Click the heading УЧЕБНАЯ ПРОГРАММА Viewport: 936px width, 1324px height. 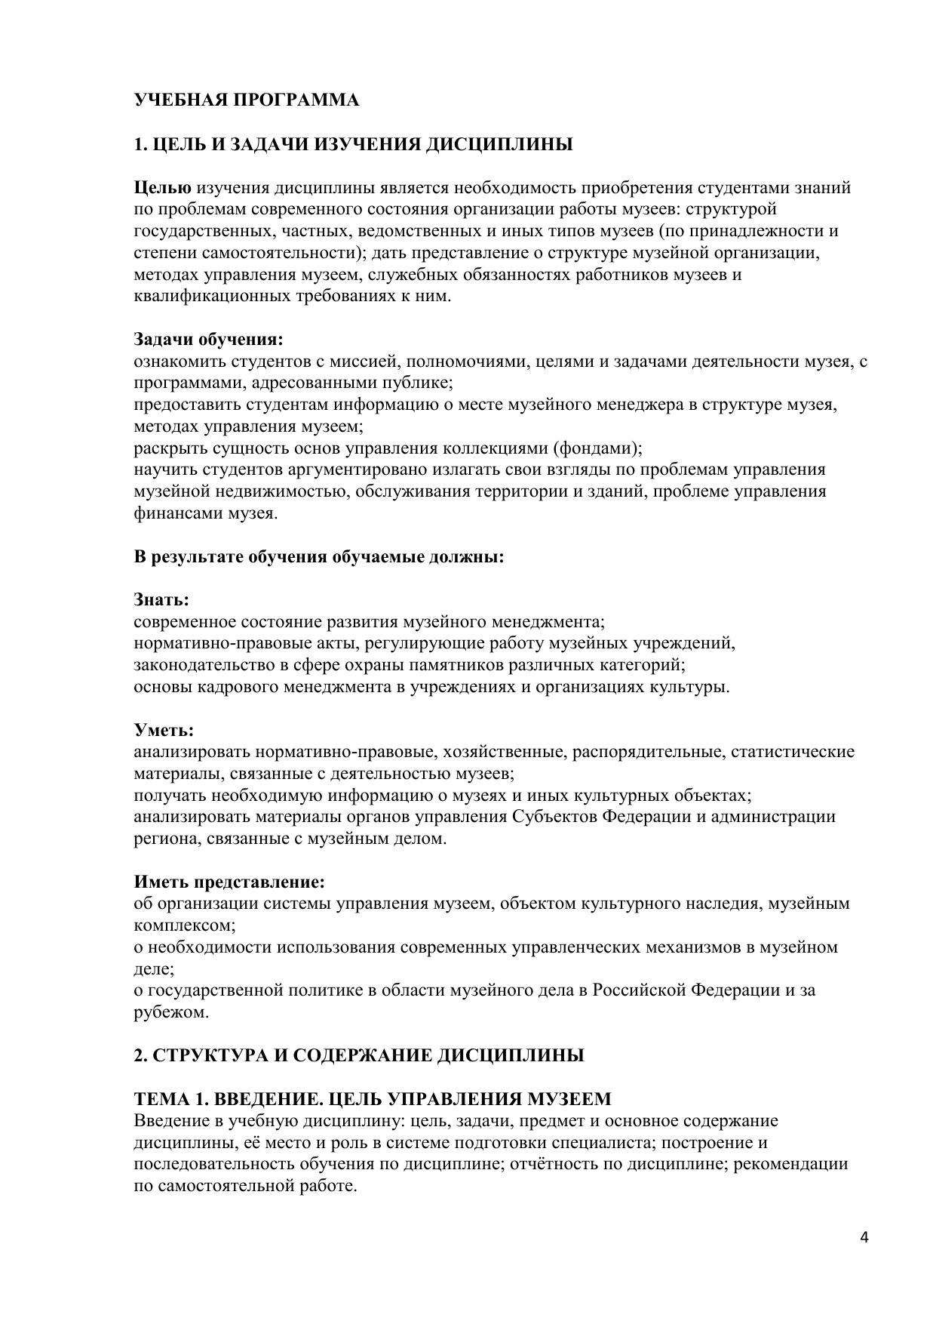tap(247, 100)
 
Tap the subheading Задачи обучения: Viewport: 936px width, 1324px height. tap(209, 339)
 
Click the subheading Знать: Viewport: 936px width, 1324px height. tap(161, 600)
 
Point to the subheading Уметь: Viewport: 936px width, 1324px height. tap(164, 731)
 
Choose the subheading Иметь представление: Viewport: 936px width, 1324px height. tap(229, 882)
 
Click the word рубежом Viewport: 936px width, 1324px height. tap(170, 1012)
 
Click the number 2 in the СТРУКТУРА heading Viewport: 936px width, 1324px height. tap(139, 1055)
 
